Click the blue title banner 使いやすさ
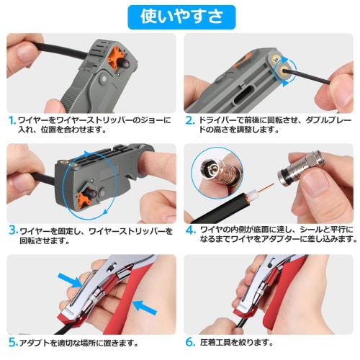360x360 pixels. (181, 14)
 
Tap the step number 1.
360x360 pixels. (12, 120)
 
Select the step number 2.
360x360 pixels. (190, 120)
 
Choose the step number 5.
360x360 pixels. (12, 342)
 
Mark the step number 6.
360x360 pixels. (190, 342)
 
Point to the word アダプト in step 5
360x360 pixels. (36, 342)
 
